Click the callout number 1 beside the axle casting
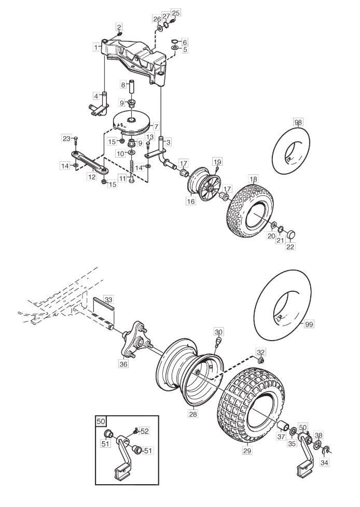point(96,48)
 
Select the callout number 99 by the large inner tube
point(309,324)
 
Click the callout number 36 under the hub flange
point(123,364)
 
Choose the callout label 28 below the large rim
point(193,414)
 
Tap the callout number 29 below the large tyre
point(247,450)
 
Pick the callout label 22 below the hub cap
point(290,246)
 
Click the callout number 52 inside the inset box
point(145,431)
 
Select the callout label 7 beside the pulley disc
point(156,126)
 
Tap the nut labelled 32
point(261,360)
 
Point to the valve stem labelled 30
point(218,342)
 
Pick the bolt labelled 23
point(76,140)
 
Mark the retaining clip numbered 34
point(326,449)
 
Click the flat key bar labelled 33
point(104,304)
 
